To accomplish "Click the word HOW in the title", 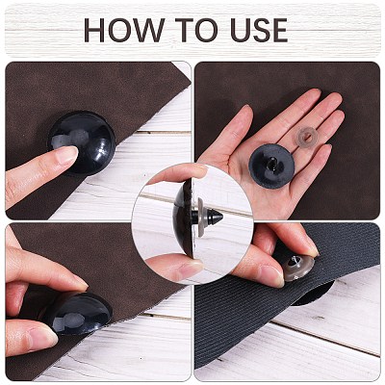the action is point(124,30).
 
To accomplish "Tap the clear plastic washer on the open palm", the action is point(306,138).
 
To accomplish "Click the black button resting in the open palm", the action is point(271,166).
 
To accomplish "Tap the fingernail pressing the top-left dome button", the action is point(66,155).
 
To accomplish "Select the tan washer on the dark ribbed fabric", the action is point(298,268).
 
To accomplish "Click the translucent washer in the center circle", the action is point(201,218).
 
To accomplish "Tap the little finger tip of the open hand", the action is point(324,148).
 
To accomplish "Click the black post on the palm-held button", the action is point(271,162).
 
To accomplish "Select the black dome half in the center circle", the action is point(183,218).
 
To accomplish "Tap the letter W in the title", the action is point(147,30).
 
